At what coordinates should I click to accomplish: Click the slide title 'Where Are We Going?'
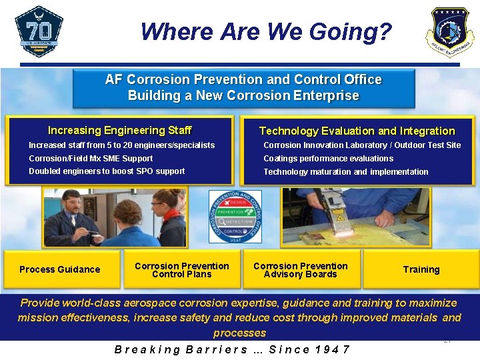(x=266, y=31)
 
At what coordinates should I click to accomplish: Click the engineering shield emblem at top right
(x=450, y=32)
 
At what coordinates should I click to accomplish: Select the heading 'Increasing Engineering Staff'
(x=119, y=131)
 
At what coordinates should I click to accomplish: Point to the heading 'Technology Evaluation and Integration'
(x=357, y=131)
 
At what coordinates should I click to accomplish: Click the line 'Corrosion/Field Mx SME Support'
(x=91, y=159)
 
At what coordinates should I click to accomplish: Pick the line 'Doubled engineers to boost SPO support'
(x=107, y=171)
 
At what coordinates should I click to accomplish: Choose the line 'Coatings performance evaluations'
(x=328, y=159)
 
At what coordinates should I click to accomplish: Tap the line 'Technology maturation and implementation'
(x=345, y=172)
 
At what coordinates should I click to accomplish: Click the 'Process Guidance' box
(x=60, y=269)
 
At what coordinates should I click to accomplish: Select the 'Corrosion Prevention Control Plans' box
(x=181, y=270)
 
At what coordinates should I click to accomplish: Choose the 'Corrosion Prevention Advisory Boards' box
(x=300, y=270)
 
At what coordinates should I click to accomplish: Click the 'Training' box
(x=421, y=269)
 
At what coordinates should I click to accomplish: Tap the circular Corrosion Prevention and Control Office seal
(x=235, y=216)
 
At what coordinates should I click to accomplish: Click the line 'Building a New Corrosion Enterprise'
(x=243, y=95)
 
